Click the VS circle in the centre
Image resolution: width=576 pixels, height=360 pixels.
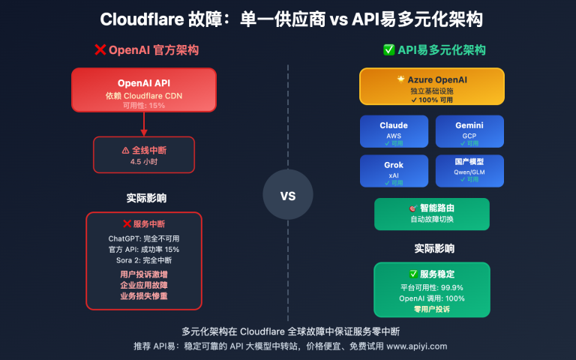[288, 196]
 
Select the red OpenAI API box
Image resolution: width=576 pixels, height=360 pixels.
[144, 90]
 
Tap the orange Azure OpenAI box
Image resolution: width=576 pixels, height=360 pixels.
[432, 86]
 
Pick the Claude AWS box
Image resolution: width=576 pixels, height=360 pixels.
[393, 133]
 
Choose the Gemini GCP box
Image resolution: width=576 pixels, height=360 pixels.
[469, 133]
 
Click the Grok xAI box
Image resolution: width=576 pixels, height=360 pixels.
[393, 170]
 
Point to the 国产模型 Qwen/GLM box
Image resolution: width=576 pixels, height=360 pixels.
[469, 170]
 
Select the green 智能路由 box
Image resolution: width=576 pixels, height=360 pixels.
[432, 214]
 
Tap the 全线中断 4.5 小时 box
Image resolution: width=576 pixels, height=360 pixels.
[144, 154]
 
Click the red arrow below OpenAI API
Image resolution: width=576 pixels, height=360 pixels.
[144, 124]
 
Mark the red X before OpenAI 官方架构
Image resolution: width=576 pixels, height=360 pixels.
[100, 50]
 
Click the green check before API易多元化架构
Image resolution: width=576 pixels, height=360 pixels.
[388, 50]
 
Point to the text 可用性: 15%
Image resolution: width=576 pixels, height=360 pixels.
[144, 106]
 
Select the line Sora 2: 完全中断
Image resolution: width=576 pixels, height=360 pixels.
[144, 260]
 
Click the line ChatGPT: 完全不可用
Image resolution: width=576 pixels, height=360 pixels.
[144, 238]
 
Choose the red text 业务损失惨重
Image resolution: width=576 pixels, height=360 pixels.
[144, 296]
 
